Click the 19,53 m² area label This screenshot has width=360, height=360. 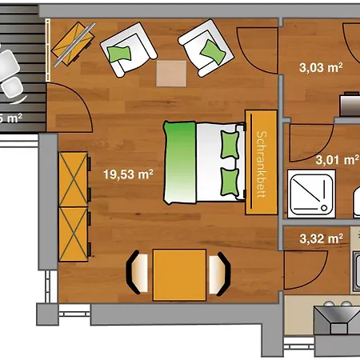click(x=128, y=172)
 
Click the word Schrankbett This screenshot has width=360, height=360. click(x=258, y=160)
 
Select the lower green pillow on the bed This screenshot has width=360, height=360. click(x=230, y=181)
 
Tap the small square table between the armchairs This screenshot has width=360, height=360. click(x=170, y=73)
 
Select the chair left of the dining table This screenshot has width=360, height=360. click(x=137, y=274)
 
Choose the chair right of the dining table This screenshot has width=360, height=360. click(x=218, y=274)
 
